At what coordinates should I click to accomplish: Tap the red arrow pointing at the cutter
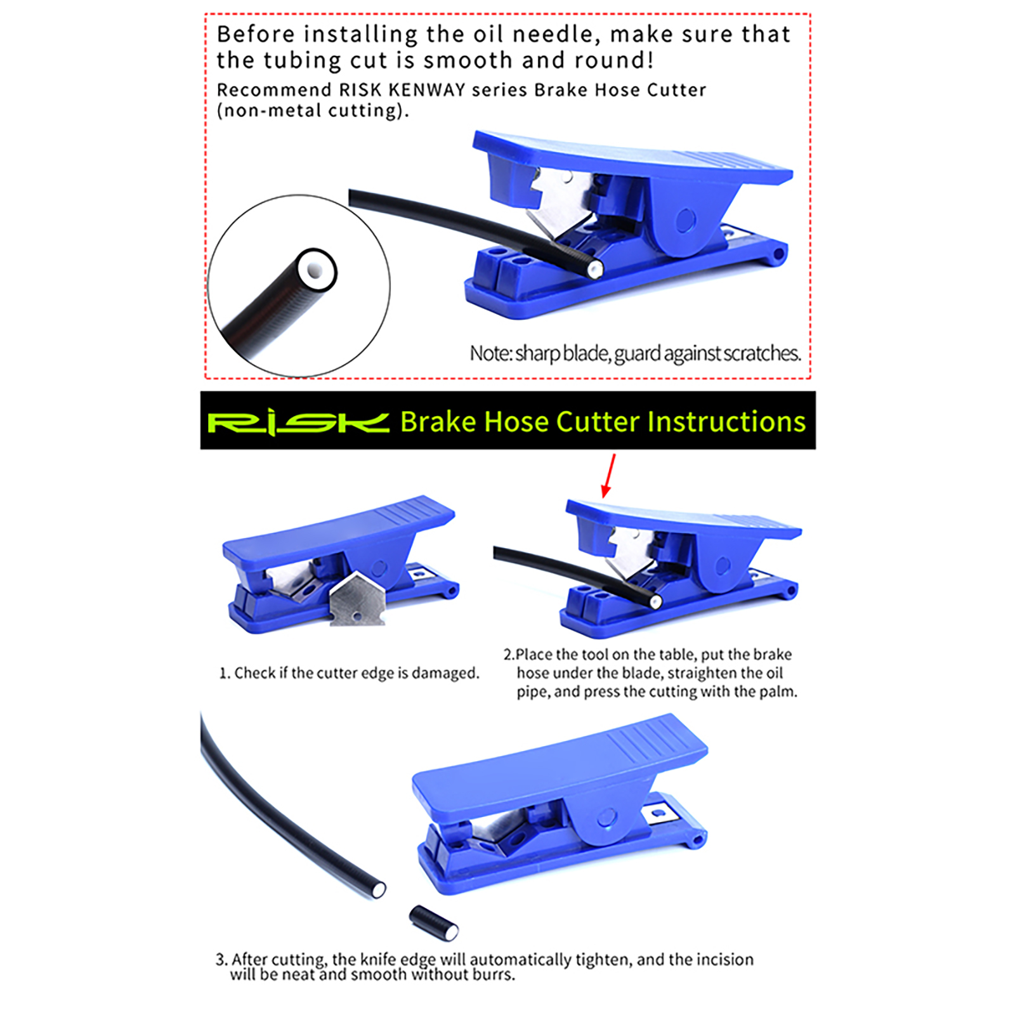(x=608, y=475)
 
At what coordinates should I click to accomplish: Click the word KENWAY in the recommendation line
(x=427, y=90)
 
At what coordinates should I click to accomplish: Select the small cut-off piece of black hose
(x=434, y=922)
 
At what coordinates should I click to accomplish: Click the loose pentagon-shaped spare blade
(x=358, y=598)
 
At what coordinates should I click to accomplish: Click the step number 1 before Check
(x=223, y=673)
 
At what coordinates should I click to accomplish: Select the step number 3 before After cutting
(x=221, y=959)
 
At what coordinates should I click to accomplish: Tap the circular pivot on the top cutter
(x=686, y=221)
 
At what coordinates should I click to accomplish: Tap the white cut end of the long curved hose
(x=378, y=889)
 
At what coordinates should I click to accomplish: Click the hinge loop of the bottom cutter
(x=698, y=840)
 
